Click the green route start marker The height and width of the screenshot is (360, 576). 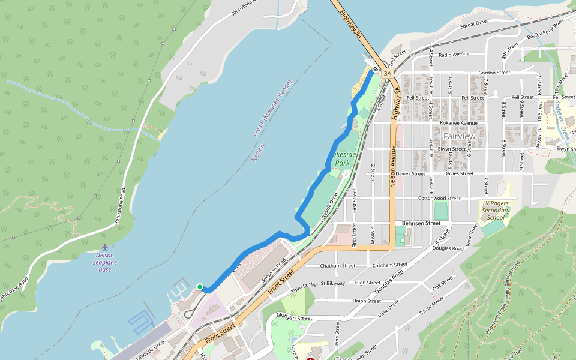pyautogui.click(x=200, y=287)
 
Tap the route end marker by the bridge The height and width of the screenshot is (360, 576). pyautogui.click(x=375, y=70)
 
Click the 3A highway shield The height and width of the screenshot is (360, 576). pyautogui.click(x=388, y=74)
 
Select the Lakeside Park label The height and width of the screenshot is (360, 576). pyautogui.click(x=346, y=158)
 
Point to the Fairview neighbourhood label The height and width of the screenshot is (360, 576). pyautogui.click(x=459, y=136)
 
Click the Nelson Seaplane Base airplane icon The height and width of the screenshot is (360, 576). pyautogui.click(x=106, y=247)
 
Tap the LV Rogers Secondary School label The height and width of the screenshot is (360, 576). pyautogui.click(x=496, y=210)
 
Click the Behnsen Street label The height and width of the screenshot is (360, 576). pyautogui.click(x=421, y=223)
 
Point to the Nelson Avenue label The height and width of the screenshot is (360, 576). pyautogui.click(x=394, y=170)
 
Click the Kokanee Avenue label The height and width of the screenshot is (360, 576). pyautogui.click(x=458, y=123)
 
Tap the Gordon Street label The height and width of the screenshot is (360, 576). pyautogui.click(x=494, y=73)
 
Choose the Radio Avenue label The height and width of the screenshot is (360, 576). pyautogui.click(x=454, y=55)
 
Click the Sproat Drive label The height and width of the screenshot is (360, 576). pyautogui.click(x=473, y=24)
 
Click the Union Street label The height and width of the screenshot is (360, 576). pyautogui.click(x=367, y=301)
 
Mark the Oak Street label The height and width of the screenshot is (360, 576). pyautogui.click(x=443, y=284)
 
